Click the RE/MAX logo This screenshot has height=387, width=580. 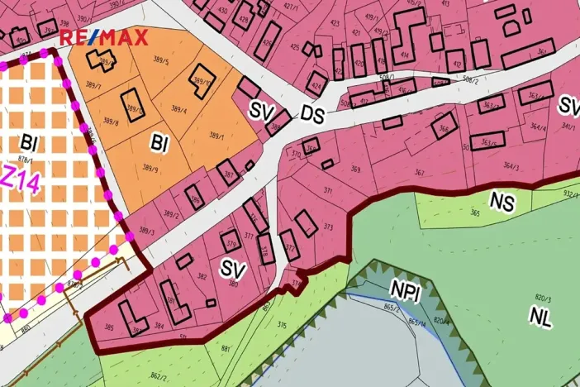click(103, 37)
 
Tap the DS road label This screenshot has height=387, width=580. click(311, 115)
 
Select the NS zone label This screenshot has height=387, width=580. click(502, 201)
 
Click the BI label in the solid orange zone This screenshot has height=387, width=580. click(159, 143)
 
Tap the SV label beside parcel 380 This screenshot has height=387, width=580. click(233, 267)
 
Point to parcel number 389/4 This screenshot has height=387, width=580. click(179, 111)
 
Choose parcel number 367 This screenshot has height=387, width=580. click(420, 173)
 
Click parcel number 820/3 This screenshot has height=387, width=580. click(543, 296)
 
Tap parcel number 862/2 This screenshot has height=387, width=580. click(159, 377)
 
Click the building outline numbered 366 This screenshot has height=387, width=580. click(444, 129)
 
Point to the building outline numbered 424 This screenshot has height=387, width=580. click(316, 84)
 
